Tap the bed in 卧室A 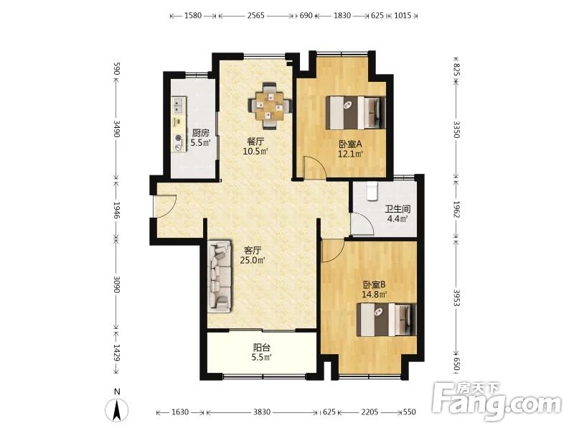click(x=356, y=113)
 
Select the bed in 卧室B click(x=387, y=320)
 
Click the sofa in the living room click(x=220, y=277)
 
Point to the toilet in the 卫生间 click(x=372, y=191)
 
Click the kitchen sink click(x=179, y=105)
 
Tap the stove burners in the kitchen click(x=178, y=142)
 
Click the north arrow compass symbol click(x=117, y=409)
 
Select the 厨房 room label click(x=201, y=133)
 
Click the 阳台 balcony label click(x=261, y=348)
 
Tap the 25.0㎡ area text click(x=253, y=261)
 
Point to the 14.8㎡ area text click(x=374, y=295)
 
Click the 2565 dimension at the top click(x=255, y=15)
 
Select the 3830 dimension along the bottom click(x=262, y=412)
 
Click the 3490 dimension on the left click(x=116, y=129)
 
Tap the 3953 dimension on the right click(x=456, y=297)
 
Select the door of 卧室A click(x=314, y=167)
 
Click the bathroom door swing click(x=362, y=223)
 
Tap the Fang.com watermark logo click(x=497, y=402)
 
